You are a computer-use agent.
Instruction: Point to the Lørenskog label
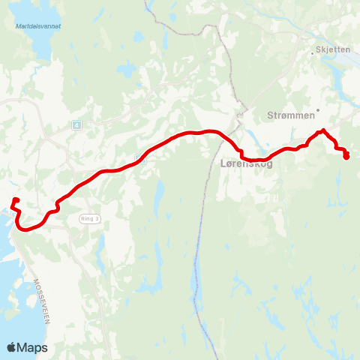(247, 163)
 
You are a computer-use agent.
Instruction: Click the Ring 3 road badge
(89, 218)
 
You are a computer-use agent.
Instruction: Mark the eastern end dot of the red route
(346, 156)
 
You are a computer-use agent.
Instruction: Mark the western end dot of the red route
(16, 199)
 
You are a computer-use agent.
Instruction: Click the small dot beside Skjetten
(313, 53)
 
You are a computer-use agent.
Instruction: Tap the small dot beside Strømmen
(318, 110)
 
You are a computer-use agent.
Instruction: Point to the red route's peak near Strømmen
(323, 131)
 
